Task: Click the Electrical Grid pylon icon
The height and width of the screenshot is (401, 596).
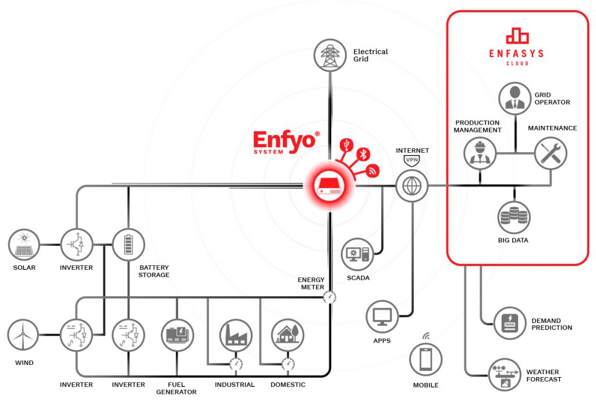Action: [330, 55]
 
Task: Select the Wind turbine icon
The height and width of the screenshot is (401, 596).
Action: [23, 336]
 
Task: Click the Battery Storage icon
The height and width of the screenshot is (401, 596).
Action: [128, 244]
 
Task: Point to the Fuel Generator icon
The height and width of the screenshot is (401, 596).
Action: [177, 335]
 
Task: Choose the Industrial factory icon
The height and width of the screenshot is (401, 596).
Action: [235, 335]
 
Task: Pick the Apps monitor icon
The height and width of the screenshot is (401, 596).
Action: [382, 316]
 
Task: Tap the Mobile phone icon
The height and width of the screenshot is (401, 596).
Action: [426, 359]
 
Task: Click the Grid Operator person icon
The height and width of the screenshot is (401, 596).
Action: [515, 97]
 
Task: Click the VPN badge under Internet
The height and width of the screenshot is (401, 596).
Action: [412, 159]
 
